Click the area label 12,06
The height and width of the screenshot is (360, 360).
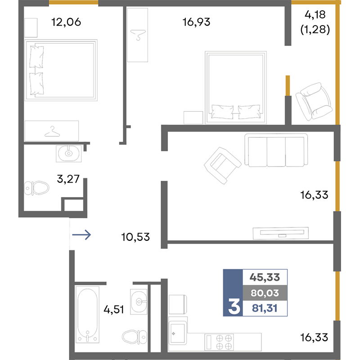pyautogui.click(x=66, y=22)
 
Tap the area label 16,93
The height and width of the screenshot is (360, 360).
pyautogui.click(x=196, y=22)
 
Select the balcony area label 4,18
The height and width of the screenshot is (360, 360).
pyautogui.click(x=315, y=15)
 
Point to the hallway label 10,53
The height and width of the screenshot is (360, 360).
pyautogui.click(x=135, y=237)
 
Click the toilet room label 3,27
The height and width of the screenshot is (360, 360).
pyautogui.click(x=68, y=179)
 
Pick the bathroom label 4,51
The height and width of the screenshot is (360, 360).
pyautogui.click(x=114, y=310)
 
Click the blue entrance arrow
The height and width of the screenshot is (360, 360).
pyautogui.click(x=81, y=234)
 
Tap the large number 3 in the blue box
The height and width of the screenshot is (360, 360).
pyautogui.click(x=234, y=306)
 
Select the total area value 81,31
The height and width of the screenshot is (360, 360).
pyautogui.click(x=265, y=308)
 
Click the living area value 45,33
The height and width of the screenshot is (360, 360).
pyautogui.click(x=265, y=277)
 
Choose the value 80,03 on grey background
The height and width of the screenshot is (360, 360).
pyautogui.click(x=265, y=293)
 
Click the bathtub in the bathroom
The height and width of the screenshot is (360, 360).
pyautogui.click(x=87, y=314)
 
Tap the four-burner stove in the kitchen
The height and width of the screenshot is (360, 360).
pyautogui.click(x=219, y=342)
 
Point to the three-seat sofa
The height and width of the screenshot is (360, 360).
pyautogui.click(x=276, y=150)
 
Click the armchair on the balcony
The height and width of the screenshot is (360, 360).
pyautogui.click(x=314, y=101)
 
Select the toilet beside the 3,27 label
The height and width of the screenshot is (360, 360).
pyautogui.click(x=36, y=188)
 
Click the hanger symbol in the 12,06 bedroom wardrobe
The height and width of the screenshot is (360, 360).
pyautogui.click(x=52, y=131)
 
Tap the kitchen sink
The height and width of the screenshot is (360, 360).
pyautogui.click(x=177, y=333)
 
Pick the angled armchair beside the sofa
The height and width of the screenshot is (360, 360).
pyautogui.click(x=222, y=165)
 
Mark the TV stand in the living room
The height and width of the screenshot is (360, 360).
pyautogui.click(x=280, y=233)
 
